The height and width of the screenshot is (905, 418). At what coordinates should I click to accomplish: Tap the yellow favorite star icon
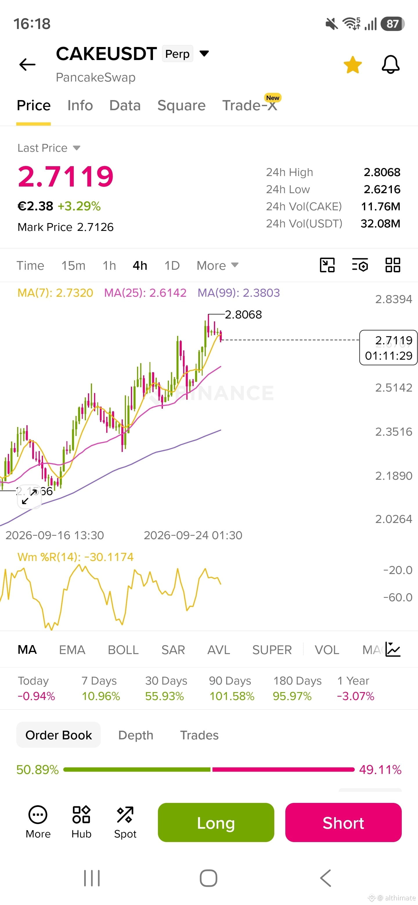pyautogui.click(x=353, y=65)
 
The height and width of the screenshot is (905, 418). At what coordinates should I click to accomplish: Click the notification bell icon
pyautogui.click(x=391, y=64)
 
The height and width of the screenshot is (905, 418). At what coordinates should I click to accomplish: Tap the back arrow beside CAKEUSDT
pyautogui.click(x=27, y=64)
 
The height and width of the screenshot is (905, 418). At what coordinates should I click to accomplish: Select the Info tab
pyautogui.click(x=80, y=105)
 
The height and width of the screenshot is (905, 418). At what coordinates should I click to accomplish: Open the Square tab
pyautogui.click(x=181, y=105)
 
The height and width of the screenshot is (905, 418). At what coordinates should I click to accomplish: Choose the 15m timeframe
pyautogui.click(x=73, y=266)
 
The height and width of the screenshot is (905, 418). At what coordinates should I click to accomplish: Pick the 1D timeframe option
pyautogui.click(x=172, y=266)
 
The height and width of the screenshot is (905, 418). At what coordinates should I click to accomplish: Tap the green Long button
pyautogui.click(x=216, y=822)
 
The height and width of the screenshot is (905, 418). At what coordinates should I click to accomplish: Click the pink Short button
pyautogui.click(x=343, y=822)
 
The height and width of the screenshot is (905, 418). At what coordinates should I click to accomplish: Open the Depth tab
pyautogui.click(x=136, y=735)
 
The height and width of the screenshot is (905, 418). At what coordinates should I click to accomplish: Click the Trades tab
pyautogui.click(x=199, y=735)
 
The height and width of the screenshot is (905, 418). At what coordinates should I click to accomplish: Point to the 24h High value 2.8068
pyautogui.click(x=382, y=172)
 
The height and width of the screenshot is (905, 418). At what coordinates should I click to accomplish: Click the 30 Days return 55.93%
pyautogui.click(x=165, y=696)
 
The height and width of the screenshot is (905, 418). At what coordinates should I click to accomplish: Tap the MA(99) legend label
pyautogui.click(x=239, y=293)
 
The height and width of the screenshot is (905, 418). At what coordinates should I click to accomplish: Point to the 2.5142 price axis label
pyautogui.click(x=393, y=388)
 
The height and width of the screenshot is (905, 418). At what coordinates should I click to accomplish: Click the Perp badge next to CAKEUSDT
pyautogui.click(x=178, y=54)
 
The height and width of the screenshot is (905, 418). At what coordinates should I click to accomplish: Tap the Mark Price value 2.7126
pyautogui.click(x=95, y=227)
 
